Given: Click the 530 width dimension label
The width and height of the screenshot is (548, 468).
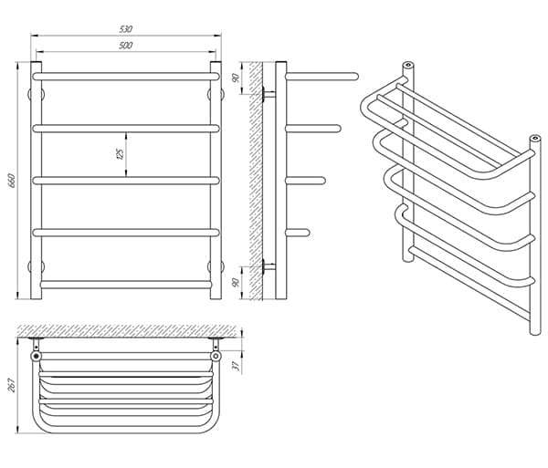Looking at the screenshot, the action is (126, 29).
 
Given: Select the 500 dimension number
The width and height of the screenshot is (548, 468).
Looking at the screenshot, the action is (125, 46).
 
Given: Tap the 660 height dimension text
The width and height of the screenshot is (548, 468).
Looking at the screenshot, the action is (12, 181).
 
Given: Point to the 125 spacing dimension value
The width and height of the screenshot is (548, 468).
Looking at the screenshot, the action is (120, 154).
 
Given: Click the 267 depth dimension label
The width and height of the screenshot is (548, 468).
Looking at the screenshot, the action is (12, 385).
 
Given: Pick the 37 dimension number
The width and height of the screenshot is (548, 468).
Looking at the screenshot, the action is (236, 366).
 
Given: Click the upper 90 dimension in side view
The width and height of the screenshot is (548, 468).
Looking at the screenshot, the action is (236, 78).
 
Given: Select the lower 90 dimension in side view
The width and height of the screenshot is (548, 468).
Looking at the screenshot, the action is (236, 282).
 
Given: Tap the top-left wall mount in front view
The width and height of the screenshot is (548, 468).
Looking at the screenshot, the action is (36, 94).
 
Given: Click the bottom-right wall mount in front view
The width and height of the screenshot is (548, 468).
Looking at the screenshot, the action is (216, 266).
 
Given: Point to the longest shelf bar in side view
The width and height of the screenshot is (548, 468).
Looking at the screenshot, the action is (321, 77).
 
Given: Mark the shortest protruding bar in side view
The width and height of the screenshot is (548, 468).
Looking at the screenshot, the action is (298, 233).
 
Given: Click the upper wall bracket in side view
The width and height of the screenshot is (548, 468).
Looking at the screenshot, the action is (269, 94).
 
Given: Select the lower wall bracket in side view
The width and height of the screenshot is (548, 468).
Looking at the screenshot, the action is (269, 267).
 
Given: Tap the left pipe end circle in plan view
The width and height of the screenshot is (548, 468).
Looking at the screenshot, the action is (36, 356).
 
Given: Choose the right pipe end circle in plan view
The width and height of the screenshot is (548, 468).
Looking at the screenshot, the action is (216, 356).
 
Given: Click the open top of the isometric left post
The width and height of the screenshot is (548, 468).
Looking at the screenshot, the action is (407, 65).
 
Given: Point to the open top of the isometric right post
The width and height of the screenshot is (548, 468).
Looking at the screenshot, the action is (535, 138).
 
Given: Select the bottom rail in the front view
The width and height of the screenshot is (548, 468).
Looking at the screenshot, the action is (126, 284).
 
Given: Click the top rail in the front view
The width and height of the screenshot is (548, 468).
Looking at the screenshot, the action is (126, 77).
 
